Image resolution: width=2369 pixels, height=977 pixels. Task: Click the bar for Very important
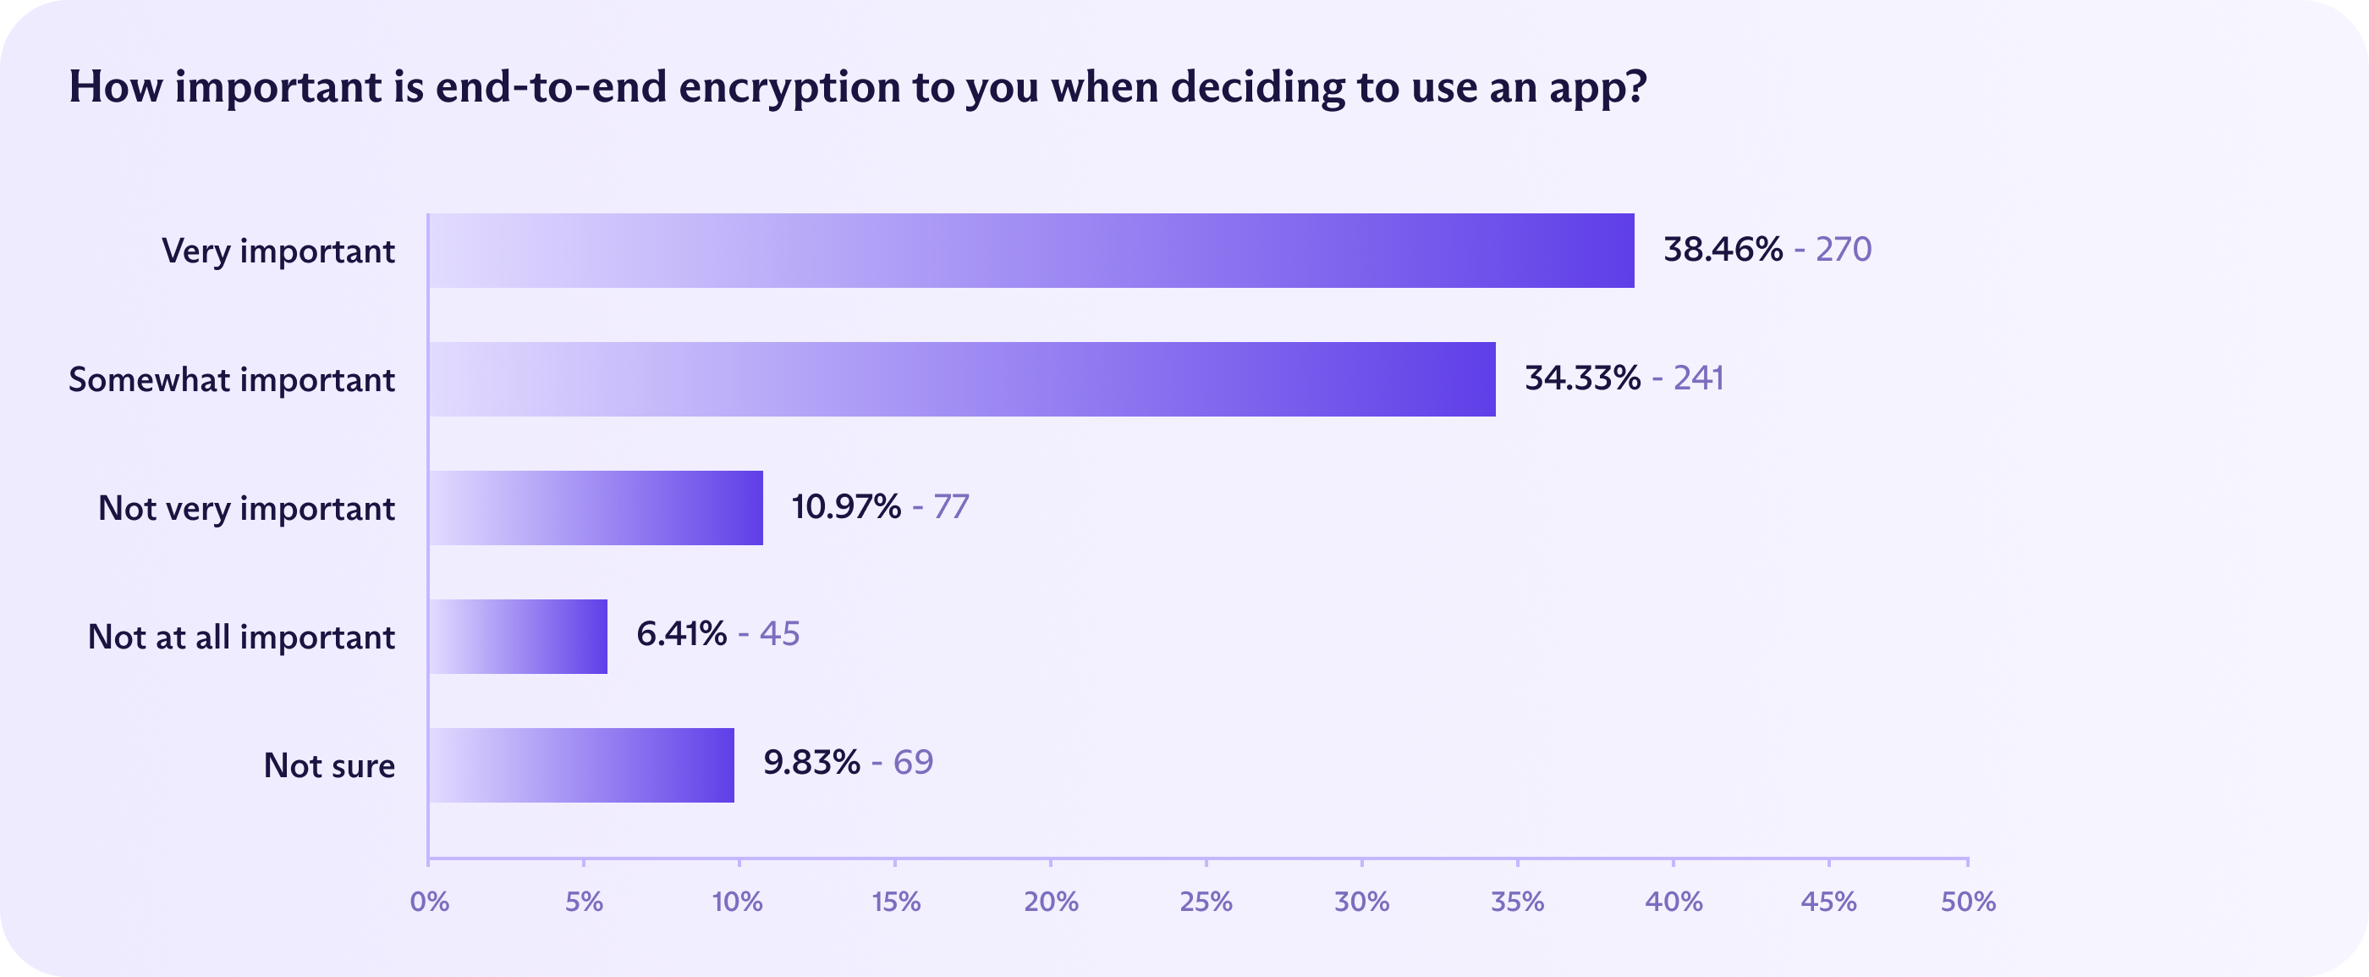(x=1031, y=251)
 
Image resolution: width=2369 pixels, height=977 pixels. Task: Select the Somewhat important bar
(x=962, y=379)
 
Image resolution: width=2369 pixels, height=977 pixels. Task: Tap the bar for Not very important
(x=596, y=508)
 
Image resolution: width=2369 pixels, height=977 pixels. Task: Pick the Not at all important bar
(x=518, y=637)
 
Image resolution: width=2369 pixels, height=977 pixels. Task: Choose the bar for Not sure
(x=581, y=765)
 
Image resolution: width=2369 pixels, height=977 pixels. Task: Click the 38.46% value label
(x=1723, y=249)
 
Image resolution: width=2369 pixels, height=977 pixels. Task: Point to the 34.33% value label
(x=1582, y=378)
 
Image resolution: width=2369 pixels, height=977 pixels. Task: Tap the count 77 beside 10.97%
(x=951, y=507)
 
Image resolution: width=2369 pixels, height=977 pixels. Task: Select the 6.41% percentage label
(x=681, y=634)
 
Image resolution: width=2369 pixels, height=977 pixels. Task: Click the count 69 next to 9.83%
(x=913, y=763)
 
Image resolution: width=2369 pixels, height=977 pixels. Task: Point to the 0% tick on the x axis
(x=430, y=902)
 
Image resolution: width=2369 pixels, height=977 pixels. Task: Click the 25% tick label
(x=1206, y=902)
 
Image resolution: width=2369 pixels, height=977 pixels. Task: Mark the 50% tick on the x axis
(x=1968, y=902)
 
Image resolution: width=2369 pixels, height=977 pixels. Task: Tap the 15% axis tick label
(x=896, y=902)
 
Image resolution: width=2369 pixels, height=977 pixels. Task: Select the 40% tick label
(x=1674, y=902)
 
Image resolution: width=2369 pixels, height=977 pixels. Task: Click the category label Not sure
(x=329, y=765)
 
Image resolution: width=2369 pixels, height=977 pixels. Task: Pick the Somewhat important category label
(x=232, y=379)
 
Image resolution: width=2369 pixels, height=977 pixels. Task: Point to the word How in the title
(x=115, y=87)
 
